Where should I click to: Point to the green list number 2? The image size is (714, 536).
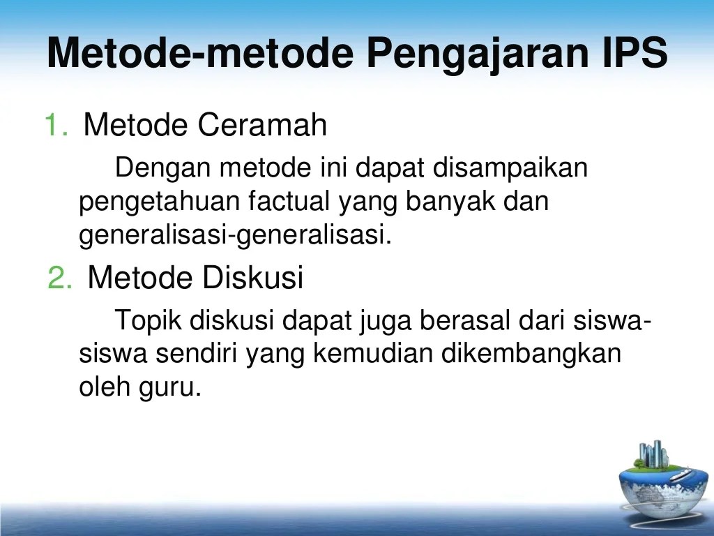coord(60,278)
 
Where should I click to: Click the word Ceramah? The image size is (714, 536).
coord(262,125)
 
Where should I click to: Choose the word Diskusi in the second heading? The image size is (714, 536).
coord(252,277)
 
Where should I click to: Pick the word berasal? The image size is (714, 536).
coord(464,320)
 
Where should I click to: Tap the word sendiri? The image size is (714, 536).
coord(197,354)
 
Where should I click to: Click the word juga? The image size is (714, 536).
coord(385,322)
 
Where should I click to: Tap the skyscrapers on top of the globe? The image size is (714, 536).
coord(653,454)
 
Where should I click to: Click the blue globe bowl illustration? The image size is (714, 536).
coord(663,489)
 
